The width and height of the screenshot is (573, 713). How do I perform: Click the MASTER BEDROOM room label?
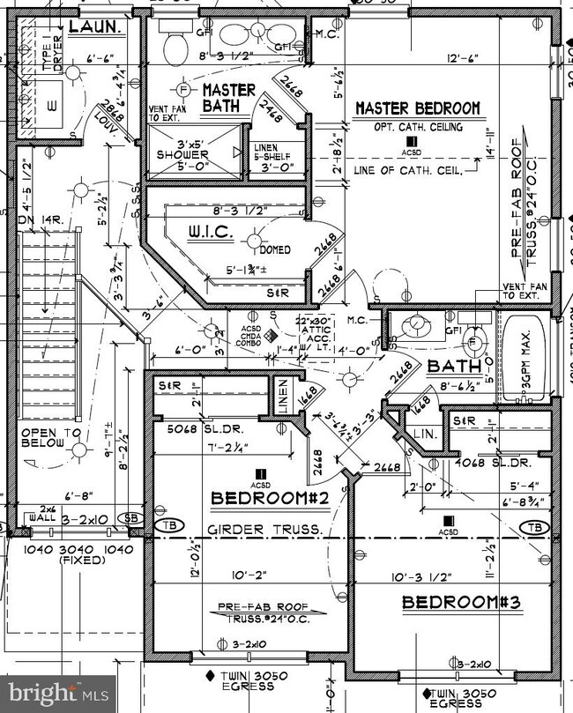pos(418,108)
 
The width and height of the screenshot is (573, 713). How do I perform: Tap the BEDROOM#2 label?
pos(270,499)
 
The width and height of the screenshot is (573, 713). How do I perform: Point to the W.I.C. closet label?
pos(209,234)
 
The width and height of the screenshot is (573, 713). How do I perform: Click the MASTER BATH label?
pos(228,97)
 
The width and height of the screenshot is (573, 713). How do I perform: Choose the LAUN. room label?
pos(94,28)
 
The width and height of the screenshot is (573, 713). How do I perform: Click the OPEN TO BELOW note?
pos(51,438)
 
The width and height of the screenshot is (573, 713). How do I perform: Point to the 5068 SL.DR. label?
pos(190,431)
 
